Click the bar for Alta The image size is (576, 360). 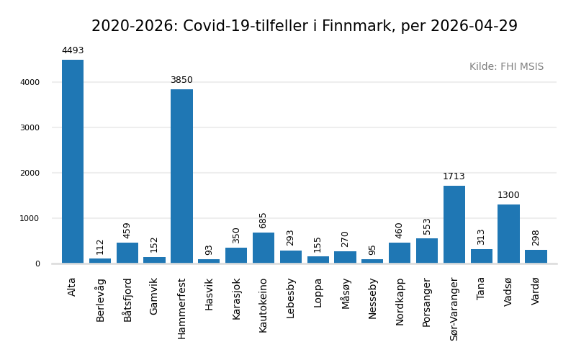pyautogui.click(x=73, y=161)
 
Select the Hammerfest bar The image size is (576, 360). pyautogui.click(x=181, y=176)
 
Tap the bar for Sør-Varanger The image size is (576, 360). pyautogui.click(x=454, y=225)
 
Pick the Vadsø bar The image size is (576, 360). pyautogui.click(x=508, y=234)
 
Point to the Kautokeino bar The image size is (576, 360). pyautogui.click(x=264, y=248)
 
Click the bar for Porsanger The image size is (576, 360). pyautogui.click(x=427, y=251)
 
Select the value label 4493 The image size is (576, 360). pyautogui.click(x=73, y=51)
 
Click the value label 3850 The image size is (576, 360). pyautogui.click(x=181, y=81)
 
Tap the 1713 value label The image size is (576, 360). pyautogui.click(x=454, y=177)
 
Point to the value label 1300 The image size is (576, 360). pyautogui.click(x=508, y=196)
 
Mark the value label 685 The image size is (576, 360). pyautogui.click(x=264, y=220)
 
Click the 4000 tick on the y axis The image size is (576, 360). pyautogui.click(x=30, y=83)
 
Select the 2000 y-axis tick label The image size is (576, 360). pyautogui.click(x=30, y=174)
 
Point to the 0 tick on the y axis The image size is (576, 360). pyautogui.click(x=37, y=264)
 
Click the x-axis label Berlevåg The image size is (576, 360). pyautogui.click(x=100, y=300)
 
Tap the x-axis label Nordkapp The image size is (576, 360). pyautogui.click(x=400, y=301)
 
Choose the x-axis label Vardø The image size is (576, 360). pyautogui.click(x=536, y=292)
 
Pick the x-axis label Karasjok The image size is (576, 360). pyautogui.click(x=236, y=299)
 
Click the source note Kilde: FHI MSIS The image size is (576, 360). pyautogui.click(x=506, y=67)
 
